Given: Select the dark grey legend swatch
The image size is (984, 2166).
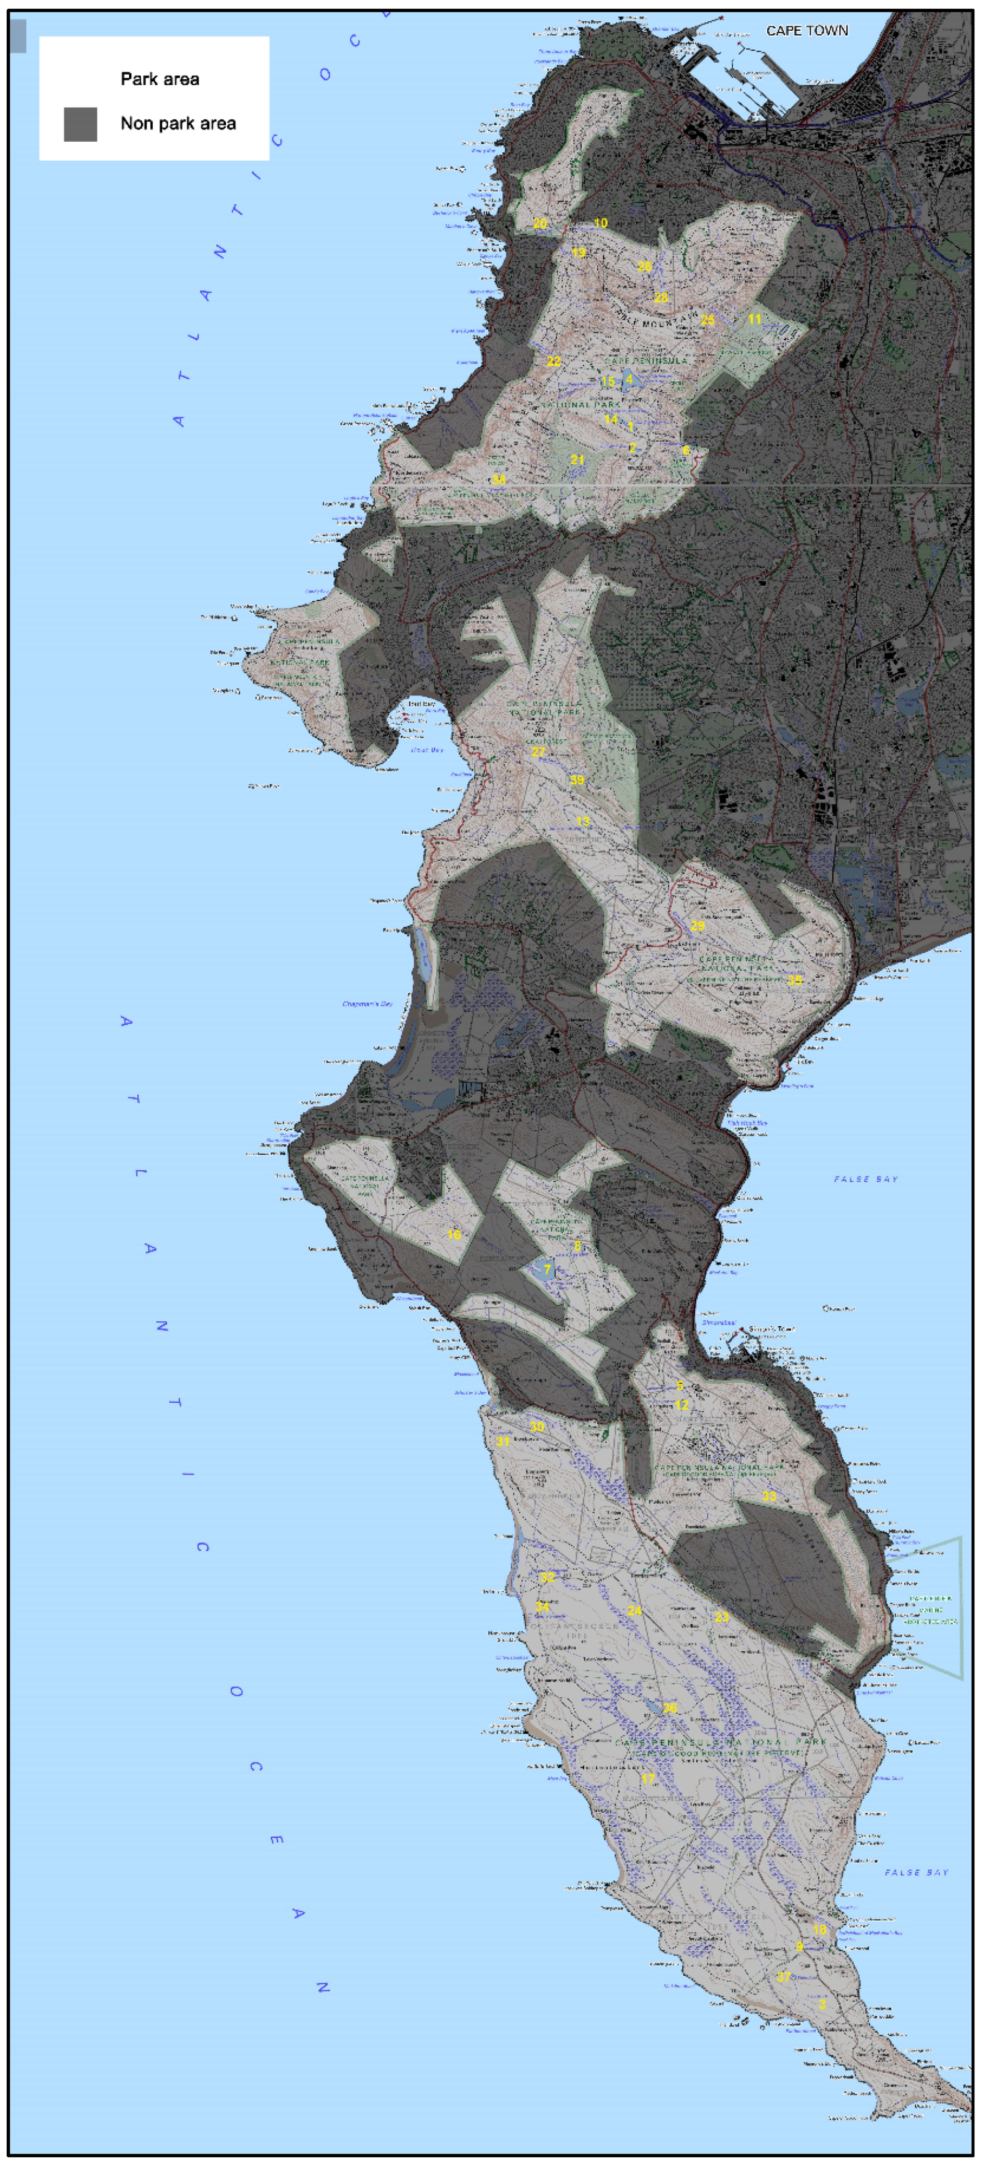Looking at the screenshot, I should tap(81, 125).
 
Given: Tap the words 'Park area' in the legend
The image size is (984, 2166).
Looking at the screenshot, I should tap(160, 79).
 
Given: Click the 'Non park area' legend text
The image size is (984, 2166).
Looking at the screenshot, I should tap(178, 123).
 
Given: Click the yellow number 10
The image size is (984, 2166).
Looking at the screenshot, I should tap(600, 223).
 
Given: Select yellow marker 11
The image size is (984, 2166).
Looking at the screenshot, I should tap(754, 319).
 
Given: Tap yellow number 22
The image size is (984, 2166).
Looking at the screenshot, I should tap(554, 362).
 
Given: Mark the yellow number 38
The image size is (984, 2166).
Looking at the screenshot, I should tap(499, 479).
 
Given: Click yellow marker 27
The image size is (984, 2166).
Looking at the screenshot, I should tap(538, 752).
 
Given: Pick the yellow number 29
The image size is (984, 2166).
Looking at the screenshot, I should tap(697, 926).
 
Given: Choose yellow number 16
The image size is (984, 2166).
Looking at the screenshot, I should tap(454, 1234).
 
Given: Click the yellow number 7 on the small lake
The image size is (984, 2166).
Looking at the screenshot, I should tap(548, 1270).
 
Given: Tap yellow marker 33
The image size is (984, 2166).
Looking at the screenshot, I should tap(769, 1496).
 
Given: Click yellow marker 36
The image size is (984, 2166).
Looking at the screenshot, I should tap(669, 1708).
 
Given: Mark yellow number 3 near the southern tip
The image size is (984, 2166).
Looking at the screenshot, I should tap(822, 2004).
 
